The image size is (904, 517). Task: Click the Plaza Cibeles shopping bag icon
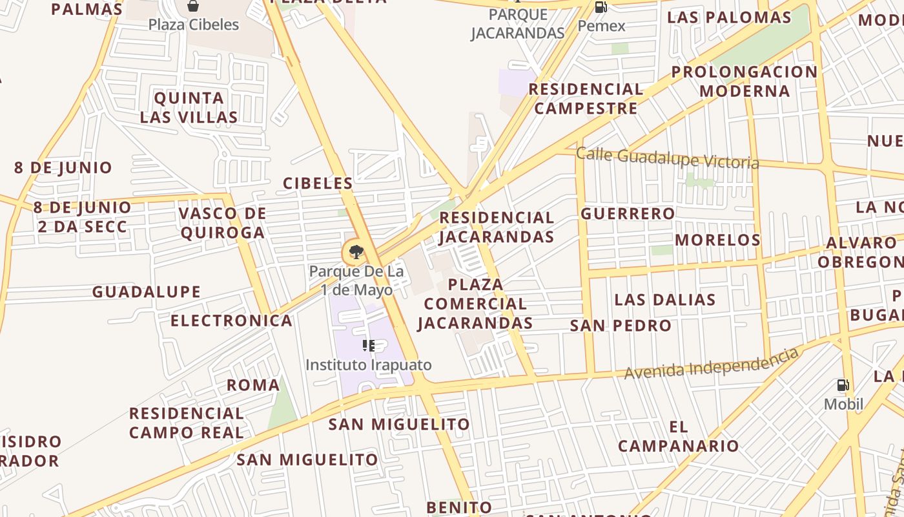click(192, 6)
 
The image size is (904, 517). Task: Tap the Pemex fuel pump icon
click(601, 7)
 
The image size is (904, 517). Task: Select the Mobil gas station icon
click(843, 385)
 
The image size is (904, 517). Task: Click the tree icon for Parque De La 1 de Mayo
click(354, 252)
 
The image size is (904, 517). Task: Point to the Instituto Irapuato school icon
click(368, 346)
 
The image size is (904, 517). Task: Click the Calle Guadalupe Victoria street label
click(667, 158)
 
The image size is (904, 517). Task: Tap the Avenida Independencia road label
click(711, 363)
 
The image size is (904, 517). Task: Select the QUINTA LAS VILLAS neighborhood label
click(189, 107)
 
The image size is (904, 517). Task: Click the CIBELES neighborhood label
click(318, 184)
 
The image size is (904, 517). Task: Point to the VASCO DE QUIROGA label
click(223, 223)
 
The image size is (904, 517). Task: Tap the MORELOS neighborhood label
click(718, 240)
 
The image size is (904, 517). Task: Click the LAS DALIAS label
click(665, 300)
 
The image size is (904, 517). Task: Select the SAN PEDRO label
click(621, 326)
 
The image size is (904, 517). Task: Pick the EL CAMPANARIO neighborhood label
click(678, 436)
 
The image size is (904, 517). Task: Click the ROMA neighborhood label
click(253, 386)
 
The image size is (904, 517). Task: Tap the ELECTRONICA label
click(231, 321)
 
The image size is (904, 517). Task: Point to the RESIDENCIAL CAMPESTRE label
click(586, 98)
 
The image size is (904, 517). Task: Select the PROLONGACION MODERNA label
click(745, 81)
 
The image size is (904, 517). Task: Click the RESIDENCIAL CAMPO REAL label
click(187, 423)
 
